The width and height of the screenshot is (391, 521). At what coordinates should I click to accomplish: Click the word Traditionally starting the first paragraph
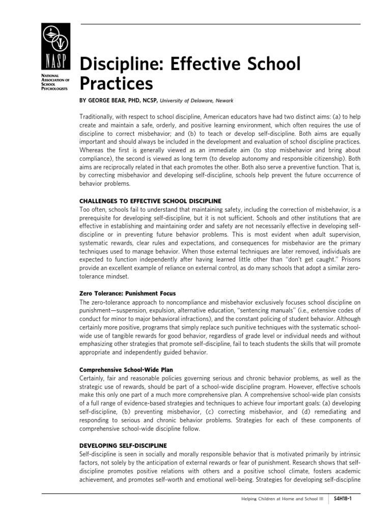(98, 117)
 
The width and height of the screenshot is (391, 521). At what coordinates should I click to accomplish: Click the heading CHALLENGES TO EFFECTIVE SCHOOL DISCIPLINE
(150, 200)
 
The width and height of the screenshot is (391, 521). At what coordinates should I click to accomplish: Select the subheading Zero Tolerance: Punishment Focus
(128, 294)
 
